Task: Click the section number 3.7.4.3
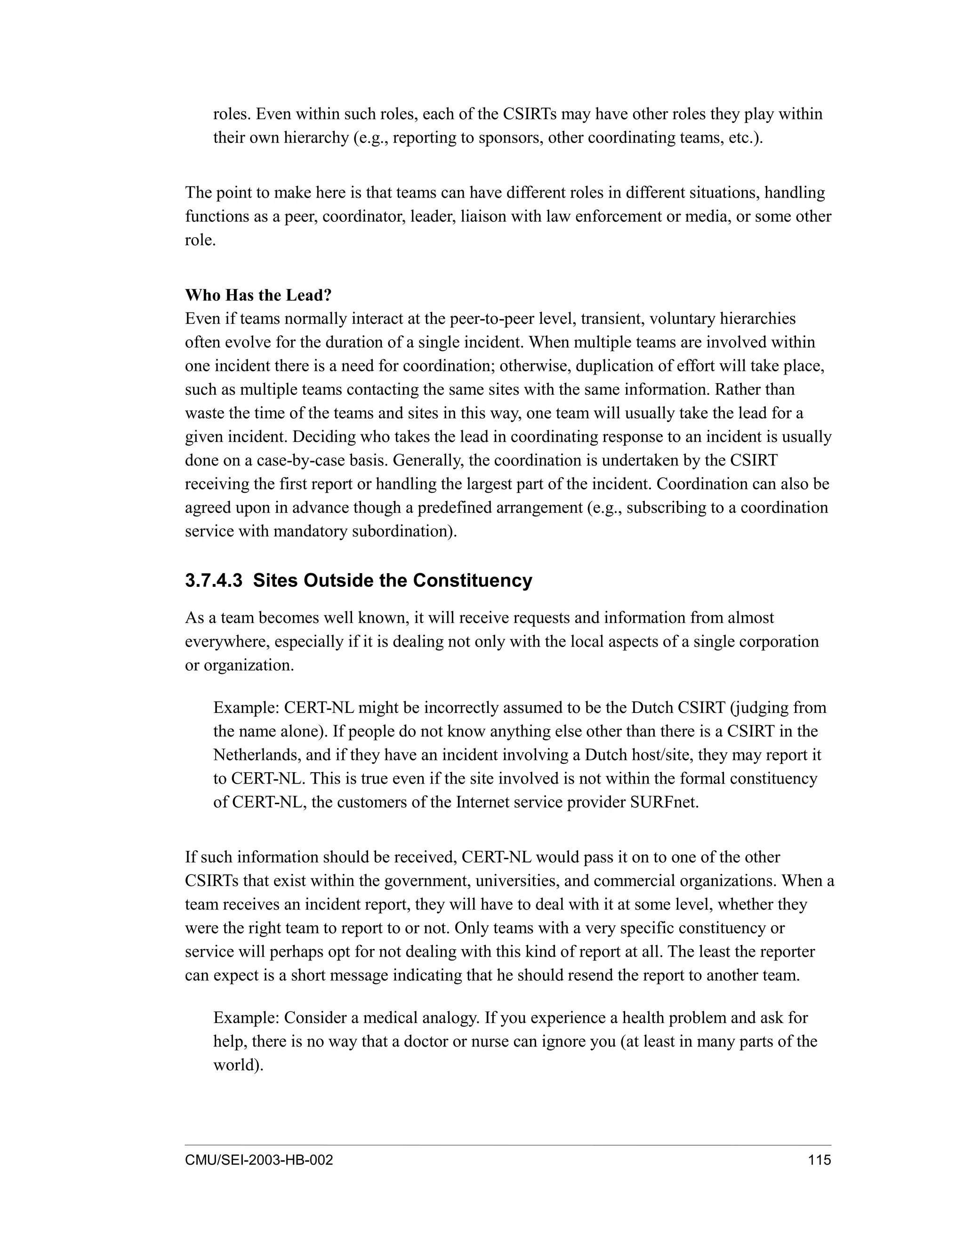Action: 214,581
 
